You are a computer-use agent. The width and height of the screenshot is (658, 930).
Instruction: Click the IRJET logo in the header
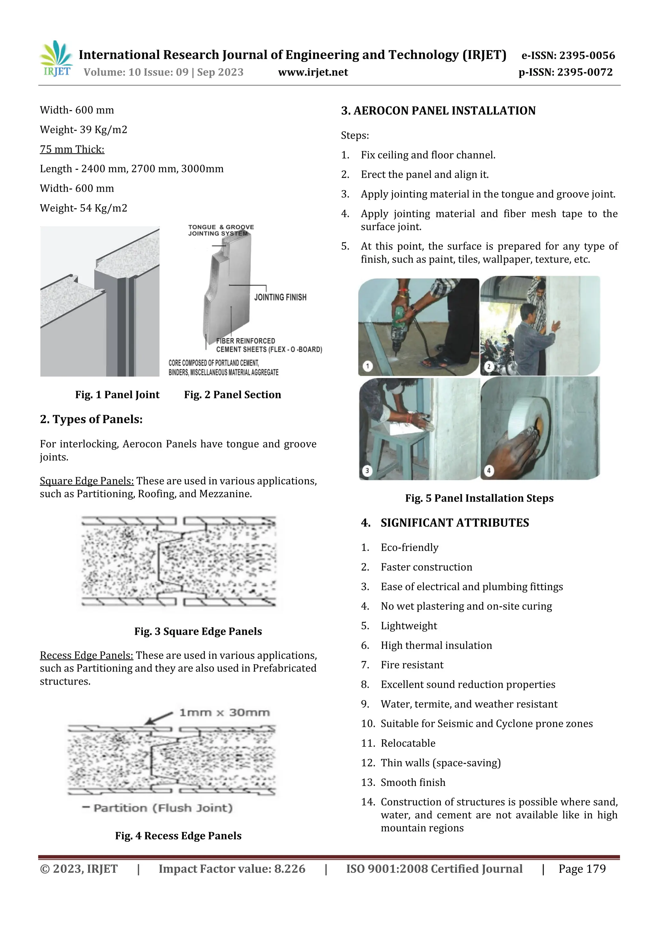56,58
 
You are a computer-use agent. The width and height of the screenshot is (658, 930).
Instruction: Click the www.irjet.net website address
313,72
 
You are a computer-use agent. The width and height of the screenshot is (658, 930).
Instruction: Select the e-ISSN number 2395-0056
568,55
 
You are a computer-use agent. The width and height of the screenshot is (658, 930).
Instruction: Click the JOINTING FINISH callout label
280,297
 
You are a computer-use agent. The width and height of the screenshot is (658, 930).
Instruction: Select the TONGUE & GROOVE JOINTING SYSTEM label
221,230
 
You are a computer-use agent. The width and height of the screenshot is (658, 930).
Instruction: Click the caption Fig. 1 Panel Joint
117,395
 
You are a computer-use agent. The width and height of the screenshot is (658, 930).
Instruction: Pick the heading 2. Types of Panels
91,419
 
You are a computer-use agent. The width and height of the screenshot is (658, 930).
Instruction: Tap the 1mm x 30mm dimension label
224,712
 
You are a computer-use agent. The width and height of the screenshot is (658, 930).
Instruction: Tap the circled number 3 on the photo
367,470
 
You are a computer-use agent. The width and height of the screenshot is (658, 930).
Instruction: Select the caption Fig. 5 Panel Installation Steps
479,498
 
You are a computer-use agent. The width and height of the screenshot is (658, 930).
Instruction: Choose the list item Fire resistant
412,665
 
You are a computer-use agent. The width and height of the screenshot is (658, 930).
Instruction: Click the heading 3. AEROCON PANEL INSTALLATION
438,110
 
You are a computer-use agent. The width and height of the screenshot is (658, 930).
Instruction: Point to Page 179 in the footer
582,868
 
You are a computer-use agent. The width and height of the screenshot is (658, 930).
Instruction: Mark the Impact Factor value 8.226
232,868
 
